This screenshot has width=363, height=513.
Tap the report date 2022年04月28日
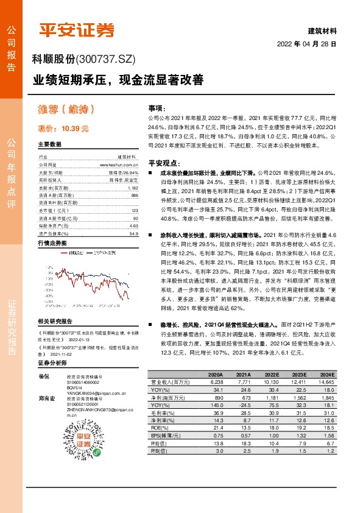point(307,44)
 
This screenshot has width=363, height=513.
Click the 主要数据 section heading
point(50,144)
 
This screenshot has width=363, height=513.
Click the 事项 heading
point(157,106)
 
